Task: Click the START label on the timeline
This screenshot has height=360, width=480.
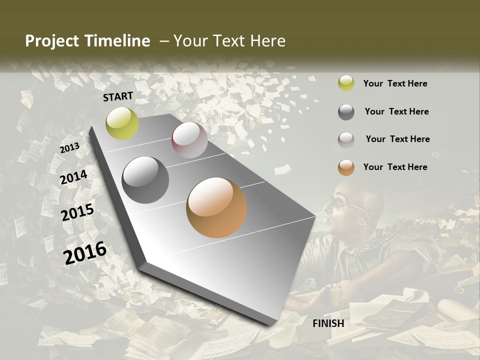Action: (118, 96)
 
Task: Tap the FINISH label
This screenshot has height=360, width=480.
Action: (328, 323)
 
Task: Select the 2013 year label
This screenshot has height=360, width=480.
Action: (70, 148)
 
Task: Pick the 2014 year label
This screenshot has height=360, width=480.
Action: (74, 177)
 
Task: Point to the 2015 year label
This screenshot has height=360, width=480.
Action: (77, 212)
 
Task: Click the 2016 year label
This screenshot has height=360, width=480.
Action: (85, 252)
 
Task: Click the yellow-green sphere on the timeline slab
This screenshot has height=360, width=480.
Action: (122, 123)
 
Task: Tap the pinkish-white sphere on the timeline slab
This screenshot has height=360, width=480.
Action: (189, 139)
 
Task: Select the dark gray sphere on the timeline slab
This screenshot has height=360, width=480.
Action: (145, 180)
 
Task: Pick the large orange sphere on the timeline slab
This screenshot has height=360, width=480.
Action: (216, 207)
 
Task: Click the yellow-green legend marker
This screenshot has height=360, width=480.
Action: (346, 83)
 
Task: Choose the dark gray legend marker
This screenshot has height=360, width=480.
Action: (346, 112)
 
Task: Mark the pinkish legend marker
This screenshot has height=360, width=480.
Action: (346, 139)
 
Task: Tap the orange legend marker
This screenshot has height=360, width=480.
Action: (346, 167)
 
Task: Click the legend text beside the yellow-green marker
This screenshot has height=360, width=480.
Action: (395, 83)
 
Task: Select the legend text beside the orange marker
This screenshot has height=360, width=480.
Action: (395, 167)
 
